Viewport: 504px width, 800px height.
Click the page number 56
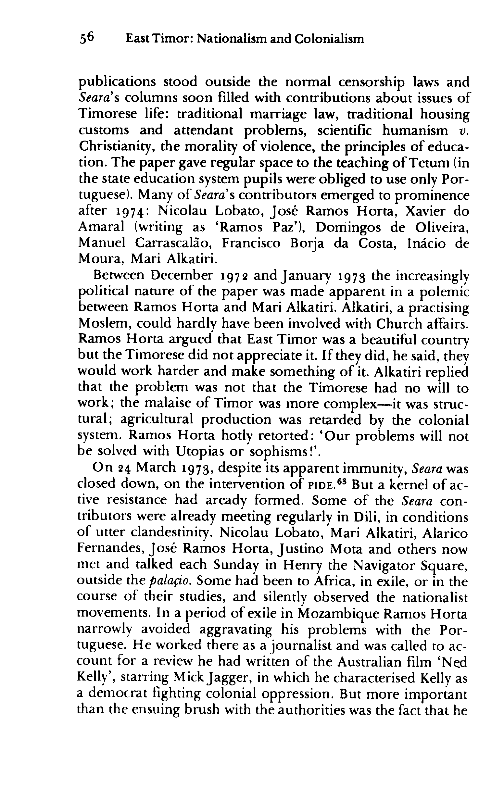(x=87, y=39)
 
